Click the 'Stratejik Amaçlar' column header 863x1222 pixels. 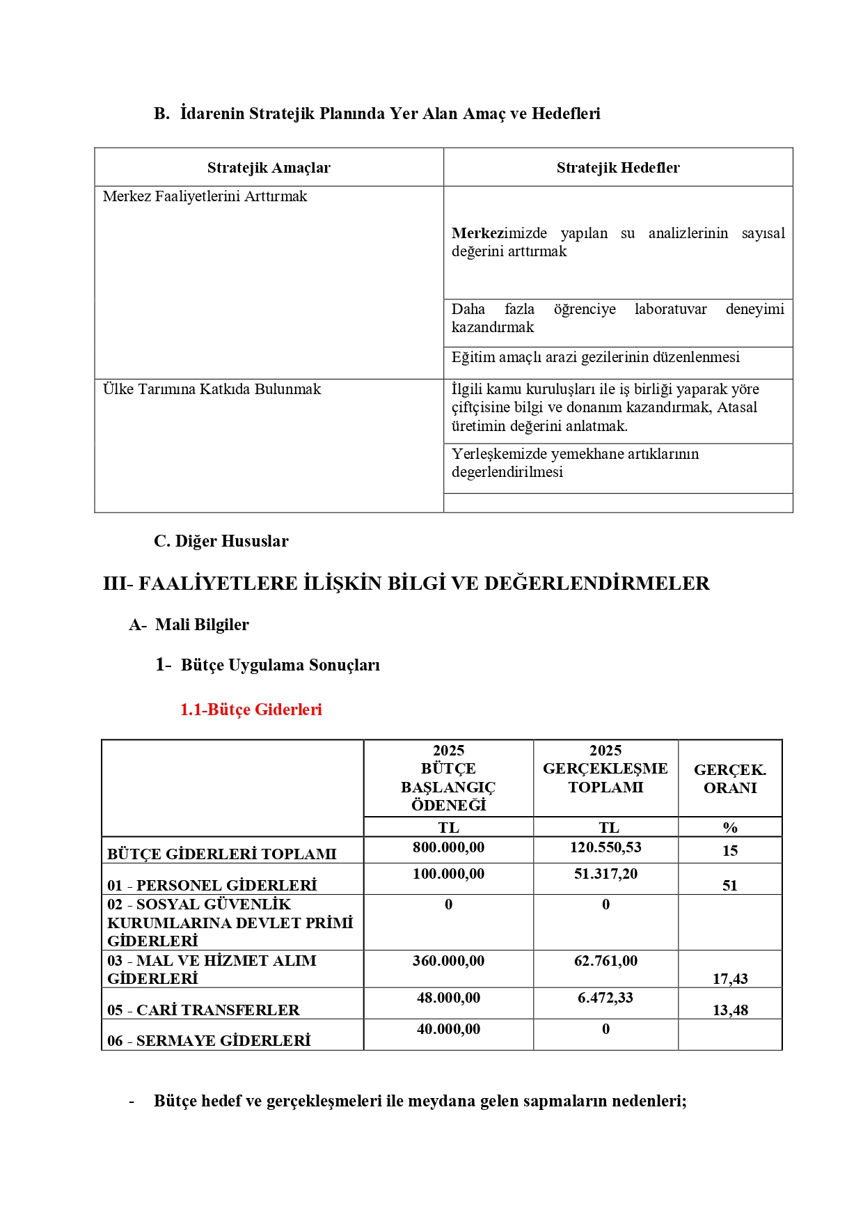pyautogui.click(x=269, y=168)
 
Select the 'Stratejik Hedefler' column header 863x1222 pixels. pyautogui.click(x=617, y=168)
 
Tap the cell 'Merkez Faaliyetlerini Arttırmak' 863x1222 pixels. pyautogui.click(x=205, y=196)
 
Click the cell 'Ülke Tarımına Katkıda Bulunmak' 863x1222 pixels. pyautogui.click(x=212, y=389)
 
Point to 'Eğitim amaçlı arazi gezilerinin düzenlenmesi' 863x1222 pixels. pyautogui.click(x=595, y=357)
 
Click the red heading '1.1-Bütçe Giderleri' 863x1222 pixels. pyautogui.click(x=251, y=710)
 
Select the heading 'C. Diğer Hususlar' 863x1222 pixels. pyautogui.click(x=221, y=541)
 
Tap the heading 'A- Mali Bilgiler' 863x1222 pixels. pyautogui.click(x=189, y=625)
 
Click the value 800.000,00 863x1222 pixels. pyautogui.click(x=448, y=847)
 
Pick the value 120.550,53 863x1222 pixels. pyautogui.click(x=605, y=847)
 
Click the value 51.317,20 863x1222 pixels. pyautogui.click(x=605, y=874)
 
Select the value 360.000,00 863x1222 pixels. pyautogui.click(x=448, y=961)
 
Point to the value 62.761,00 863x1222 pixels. pyautogui.click(x=605, y=961)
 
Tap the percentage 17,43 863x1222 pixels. pyautogui.click(x=729, y=979)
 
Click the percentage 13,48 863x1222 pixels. pyautogui.click(x=729, y=1010)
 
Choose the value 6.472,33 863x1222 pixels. pyautogui.click(x=605, y=998)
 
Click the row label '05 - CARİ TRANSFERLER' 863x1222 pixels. pyautogui.click(x=203, y=1010)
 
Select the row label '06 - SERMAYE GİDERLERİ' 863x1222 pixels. pyautogui.click(x=209, y=1041)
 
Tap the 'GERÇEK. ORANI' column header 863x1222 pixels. pyautogui.click(x=729, y=778)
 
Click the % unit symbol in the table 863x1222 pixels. pyautogui.click(x=729, y=828)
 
